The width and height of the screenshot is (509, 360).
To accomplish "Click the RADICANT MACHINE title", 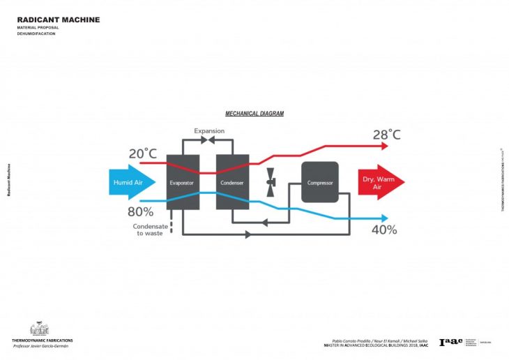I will [59, 20].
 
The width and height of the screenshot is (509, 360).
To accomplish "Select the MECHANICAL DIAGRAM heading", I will [254, 113].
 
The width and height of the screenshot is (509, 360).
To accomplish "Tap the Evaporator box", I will [183, 183].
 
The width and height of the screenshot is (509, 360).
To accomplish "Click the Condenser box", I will [232, 183].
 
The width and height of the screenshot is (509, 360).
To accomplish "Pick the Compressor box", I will [320, 183].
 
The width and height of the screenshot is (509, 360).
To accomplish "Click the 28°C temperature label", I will [386, 135].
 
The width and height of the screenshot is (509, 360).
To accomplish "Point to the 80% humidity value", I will [141, 211].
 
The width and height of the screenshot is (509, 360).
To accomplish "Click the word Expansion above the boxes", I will [209, 131].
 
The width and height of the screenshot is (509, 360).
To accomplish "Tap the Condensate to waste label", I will [149, 230].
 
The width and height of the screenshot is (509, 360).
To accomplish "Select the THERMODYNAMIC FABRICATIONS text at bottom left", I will [42, 340].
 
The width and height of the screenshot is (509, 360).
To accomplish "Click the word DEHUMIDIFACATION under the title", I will [35, 33].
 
